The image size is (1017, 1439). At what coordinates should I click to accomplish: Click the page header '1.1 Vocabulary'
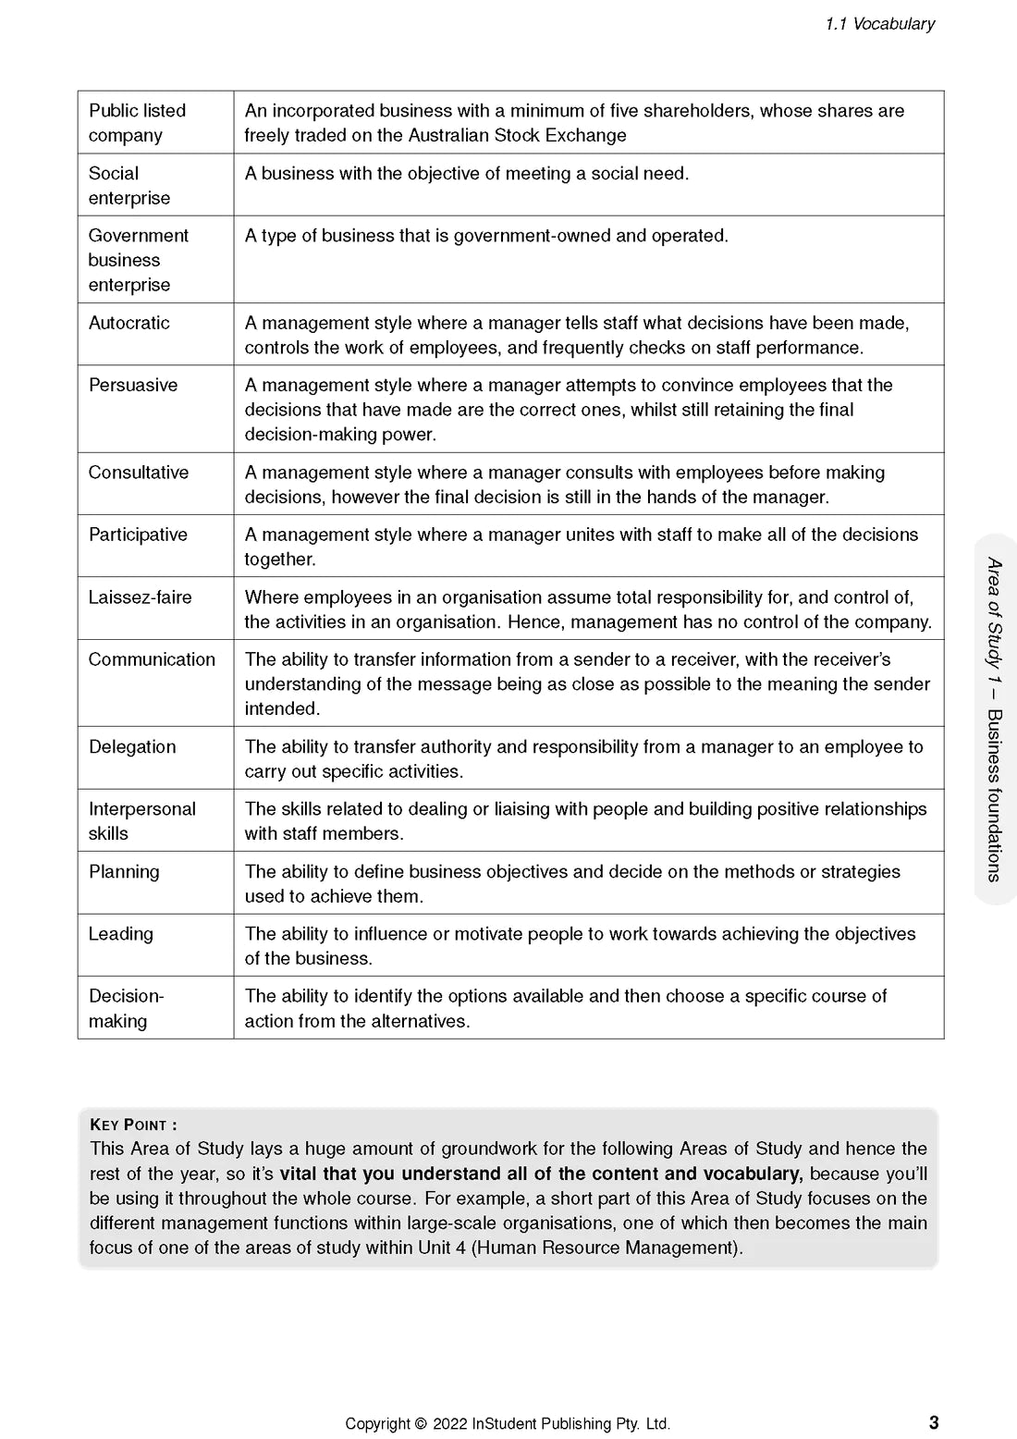point(879,24)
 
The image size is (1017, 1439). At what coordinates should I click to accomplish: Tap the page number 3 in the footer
point(934,1422)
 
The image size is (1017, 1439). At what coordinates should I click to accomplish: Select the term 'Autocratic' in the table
point(129,323)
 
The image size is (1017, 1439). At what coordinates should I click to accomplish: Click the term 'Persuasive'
point(133,385)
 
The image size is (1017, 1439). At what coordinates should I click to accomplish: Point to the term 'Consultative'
point(139,473)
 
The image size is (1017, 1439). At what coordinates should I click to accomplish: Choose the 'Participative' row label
point(138,535)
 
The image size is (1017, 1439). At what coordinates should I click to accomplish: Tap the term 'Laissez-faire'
point(141,597)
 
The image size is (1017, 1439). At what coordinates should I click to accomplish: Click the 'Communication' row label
point(152,659)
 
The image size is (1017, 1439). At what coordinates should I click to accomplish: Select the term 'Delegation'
point(132,747)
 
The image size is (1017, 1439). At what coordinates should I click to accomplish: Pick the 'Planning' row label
point(124,871)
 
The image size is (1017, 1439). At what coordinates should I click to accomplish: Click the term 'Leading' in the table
point(121,934)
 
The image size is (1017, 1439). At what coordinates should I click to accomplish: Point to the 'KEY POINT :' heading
point(133,1125)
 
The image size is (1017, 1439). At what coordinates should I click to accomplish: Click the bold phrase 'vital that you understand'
point(383,1174)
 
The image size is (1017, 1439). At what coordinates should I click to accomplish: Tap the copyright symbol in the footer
point(421,1424)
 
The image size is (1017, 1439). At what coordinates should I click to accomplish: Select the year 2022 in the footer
point(449,1424)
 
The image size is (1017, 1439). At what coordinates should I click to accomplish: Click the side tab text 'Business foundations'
point(994,795)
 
